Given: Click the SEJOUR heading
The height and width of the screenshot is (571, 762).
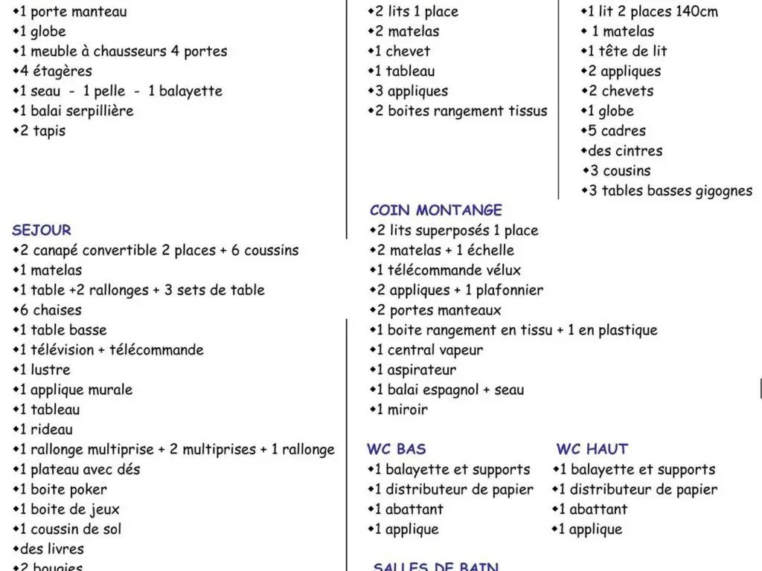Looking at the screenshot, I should (x=42, y=230).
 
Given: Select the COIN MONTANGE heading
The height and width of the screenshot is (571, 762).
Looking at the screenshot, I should (x=436, y=210).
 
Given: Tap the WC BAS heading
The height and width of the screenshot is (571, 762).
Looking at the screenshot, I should (x=397, y=449).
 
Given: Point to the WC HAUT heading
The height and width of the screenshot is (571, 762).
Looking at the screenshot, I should (x=592, y=449).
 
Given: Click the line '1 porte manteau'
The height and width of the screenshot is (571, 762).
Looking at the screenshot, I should (x=70, y=12).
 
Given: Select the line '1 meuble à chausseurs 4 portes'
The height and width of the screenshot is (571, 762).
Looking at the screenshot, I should (x=120, y=51).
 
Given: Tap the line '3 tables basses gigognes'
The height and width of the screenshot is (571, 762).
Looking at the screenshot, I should (x=667, y=191).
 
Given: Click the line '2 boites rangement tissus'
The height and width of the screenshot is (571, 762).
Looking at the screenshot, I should (x=458, y=112).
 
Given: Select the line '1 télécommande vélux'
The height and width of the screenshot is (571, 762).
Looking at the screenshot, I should (x=445, y=271).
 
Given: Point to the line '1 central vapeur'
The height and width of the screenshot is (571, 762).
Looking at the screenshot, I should (x=426, y=350).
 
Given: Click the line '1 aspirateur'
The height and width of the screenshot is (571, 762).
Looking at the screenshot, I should (x=413, y=370).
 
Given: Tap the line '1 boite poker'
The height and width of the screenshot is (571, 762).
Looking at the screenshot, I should (x=60, y=489).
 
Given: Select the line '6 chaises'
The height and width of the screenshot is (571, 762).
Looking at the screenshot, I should (x=48, y=310).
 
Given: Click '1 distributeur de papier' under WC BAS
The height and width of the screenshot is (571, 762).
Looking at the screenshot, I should (x=451, y=489).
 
